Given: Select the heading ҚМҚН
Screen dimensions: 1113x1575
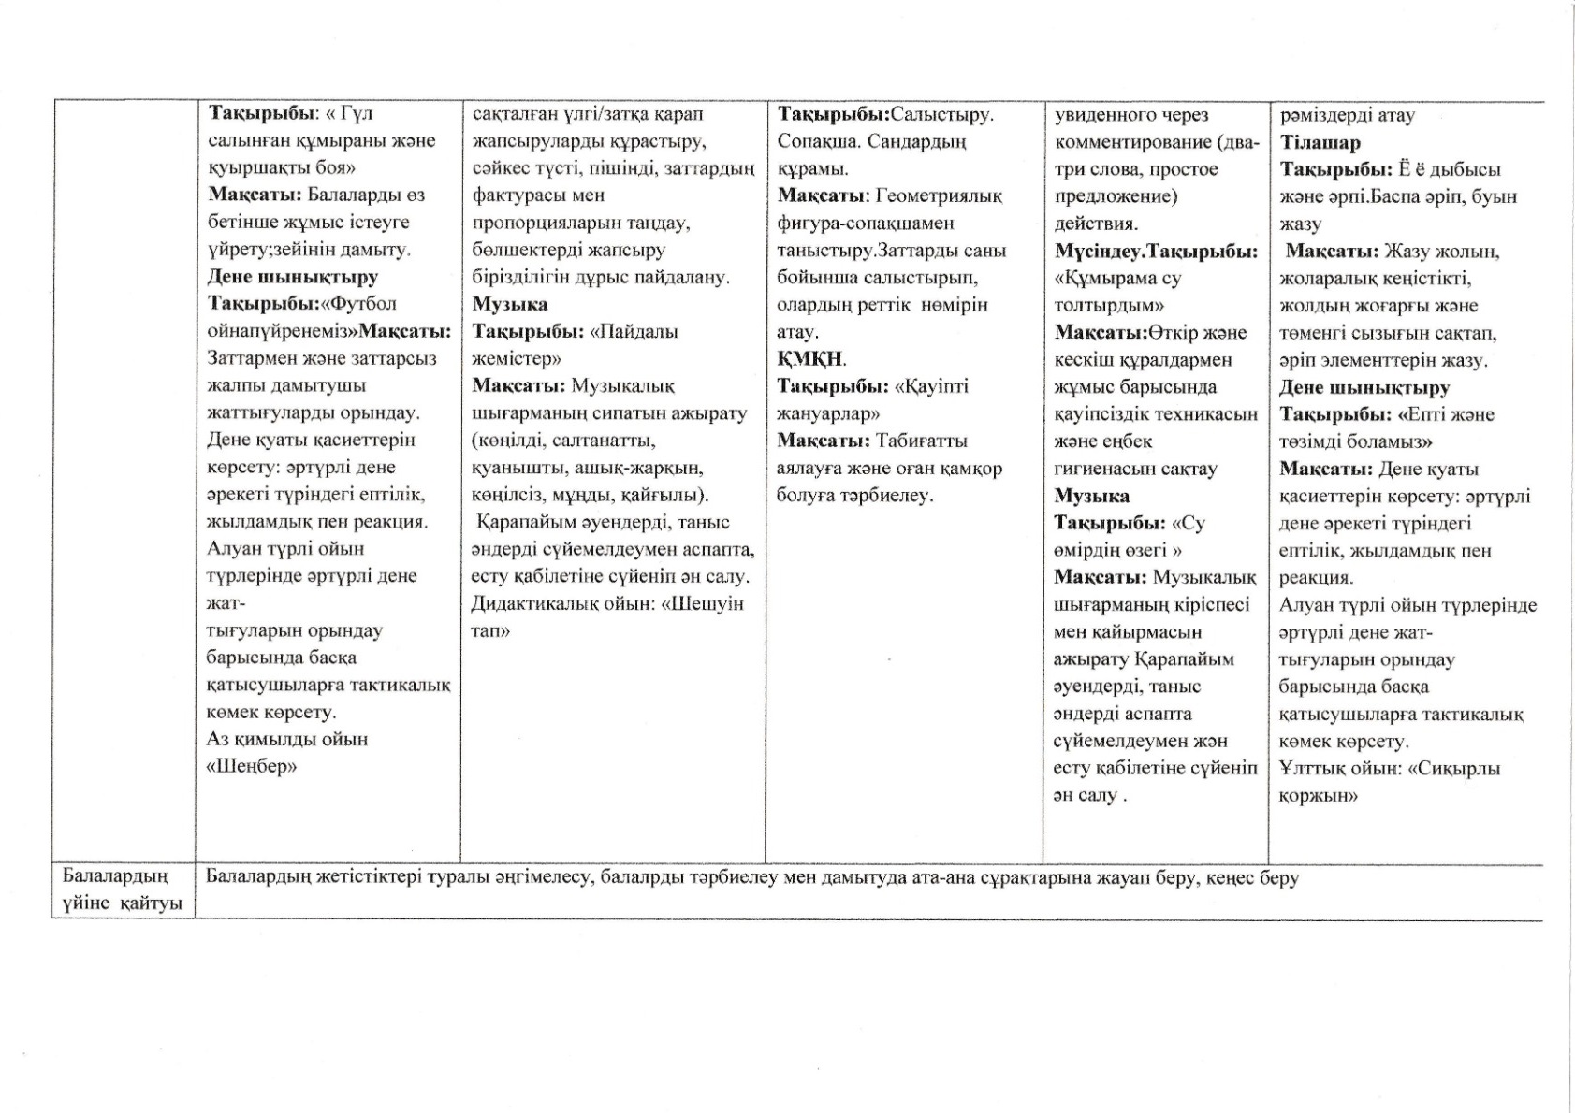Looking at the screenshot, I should coord(810,358).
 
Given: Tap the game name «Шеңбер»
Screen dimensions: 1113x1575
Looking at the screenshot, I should coord(252,767).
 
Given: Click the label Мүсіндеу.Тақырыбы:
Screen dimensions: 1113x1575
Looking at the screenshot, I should coord(1156,251).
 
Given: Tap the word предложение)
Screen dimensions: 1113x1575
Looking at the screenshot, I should coord(1116,196).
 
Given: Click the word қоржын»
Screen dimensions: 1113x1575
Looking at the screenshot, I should coord(1318,796).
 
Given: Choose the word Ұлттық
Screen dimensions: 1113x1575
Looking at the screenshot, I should coord(1309,769).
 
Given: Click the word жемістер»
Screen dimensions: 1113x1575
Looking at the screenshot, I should coord(517,358).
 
